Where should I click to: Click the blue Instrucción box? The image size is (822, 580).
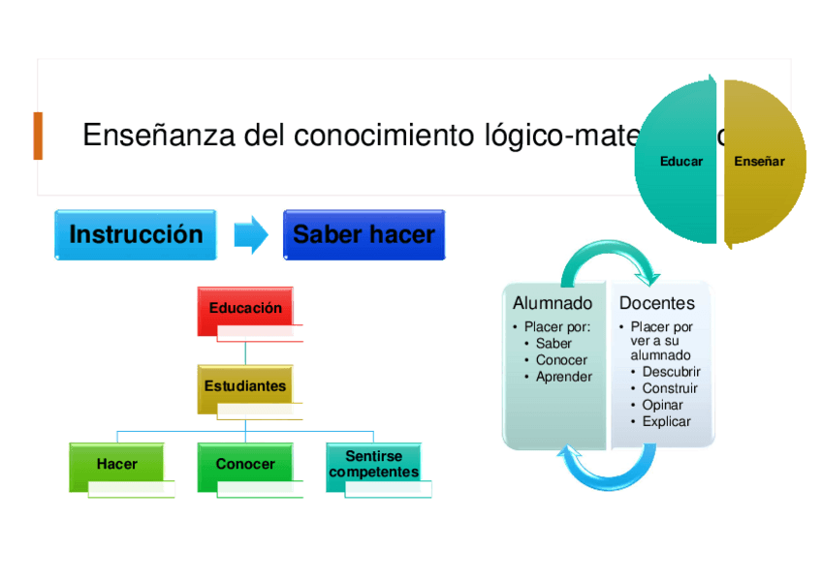[x=136, y=235]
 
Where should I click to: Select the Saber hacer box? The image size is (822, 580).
[x=364, y=235]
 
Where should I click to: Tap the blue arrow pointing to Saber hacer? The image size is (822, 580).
[x=251, y=235]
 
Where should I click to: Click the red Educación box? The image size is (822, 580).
[x=245, y=309]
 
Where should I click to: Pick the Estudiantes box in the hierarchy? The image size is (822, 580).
[x=245, y=386]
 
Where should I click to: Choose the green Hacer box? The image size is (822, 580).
[x=117, y=465]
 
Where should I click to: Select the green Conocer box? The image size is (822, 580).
[x=245, y=465]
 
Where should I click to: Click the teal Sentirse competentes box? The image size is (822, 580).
[x=373, y=465]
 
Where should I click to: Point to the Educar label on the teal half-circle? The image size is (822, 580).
[x=681, y=162]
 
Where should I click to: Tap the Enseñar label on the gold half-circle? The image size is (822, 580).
[x=759, y=162]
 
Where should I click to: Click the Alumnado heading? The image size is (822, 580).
[x=553, y=304]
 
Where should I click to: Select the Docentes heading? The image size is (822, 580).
[x=657, y=304]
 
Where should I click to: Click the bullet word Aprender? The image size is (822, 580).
[x=564, y=377]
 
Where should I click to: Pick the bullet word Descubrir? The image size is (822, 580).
[x=671, y=372]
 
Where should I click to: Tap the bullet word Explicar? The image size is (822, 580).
[x=666, y=421]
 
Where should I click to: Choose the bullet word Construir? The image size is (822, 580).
[x=670, y=388]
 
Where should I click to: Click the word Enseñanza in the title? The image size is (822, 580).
[x=159, y=136]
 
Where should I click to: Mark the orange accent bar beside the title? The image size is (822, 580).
[x=38, y=136]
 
